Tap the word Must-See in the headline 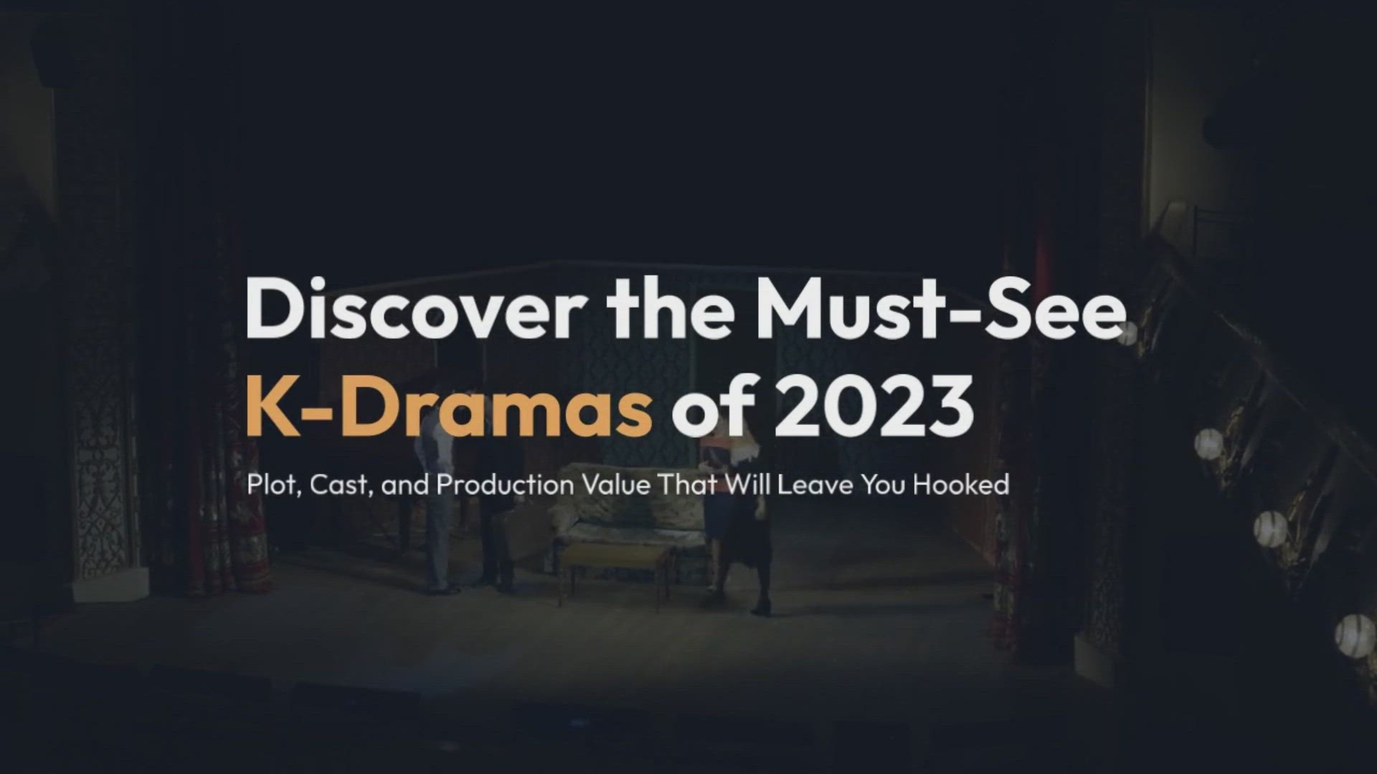tap(940, 310)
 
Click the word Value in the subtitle tap(616, 485)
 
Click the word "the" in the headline tap(671, 310)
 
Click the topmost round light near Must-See tap(1126, 333)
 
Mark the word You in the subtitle tap(884, 485)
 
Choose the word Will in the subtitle tap(748, 485)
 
